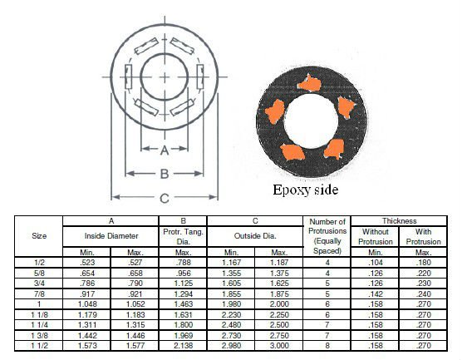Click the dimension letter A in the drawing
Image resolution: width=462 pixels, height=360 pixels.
click(165, 150)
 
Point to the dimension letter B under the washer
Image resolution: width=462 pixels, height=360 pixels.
click(165, 174)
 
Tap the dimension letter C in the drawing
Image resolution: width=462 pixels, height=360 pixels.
click(165, 198)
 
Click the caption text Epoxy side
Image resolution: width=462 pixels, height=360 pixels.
click(305, 190)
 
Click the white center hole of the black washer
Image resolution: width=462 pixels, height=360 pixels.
click(311, 121)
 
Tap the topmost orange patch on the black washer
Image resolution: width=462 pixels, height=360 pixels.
click(309, 83)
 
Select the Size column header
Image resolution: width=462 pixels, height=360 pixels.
click(39, 236)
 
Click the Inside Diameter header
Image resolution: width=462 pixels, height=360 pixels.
click(111, 236)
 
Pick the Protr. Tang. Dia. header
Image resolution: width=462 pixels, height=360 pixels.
click(183, 236)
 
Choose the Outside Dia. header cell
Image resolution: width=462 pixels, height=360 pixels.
click(255, 236)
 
